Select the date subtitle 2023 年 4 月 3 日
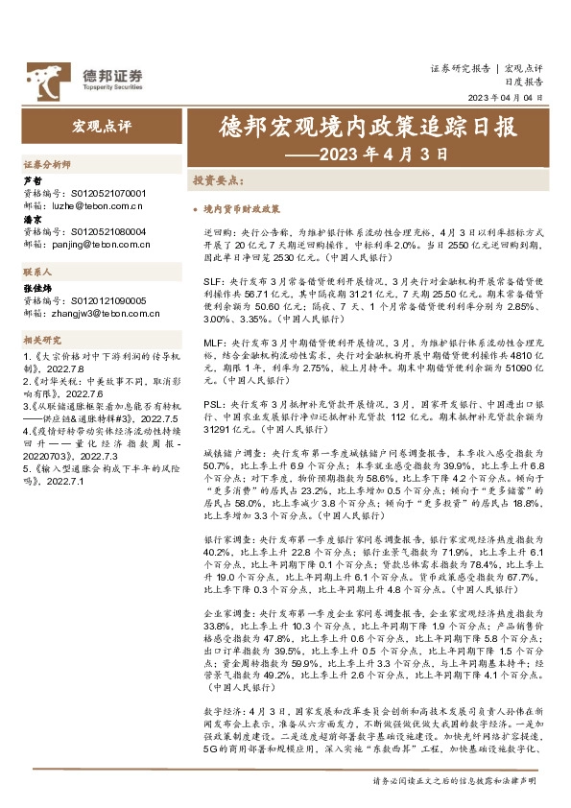click(x=381, y=153)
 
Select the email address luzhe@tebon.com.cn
click(x=95, y=205)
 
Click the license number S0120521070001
click(x=105, y=193)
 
